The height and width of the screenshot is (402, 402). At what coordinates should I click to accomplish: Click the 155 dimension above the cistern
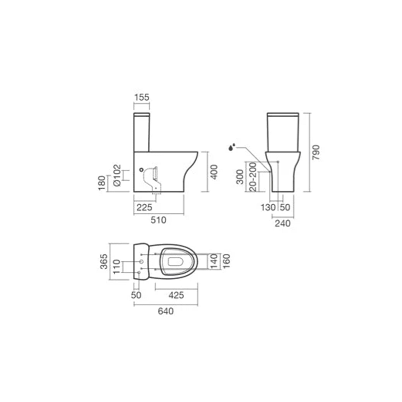tap(142, 97)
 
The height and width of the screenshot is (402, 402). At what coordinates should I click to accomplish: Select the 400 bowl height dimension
tap(214, 172)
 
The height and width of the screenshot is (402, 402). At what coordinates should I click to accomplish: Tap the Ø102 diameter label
tap(117, 175)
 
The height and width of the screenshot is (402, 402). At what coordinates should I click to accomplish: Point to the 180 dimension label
tap(102, 183)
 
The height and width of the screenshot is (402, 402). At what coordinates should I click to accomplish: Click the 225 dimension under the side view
tap(144, 207)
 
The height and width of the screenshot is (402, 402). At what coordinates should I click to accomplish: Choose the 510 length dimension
tap(158, 220)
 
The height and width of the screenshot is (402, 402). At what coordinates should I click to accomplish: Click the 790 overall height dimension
tap(316, 152)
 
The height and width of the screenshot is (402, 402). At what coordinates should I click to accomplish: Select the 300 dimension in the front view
tap(240, 177)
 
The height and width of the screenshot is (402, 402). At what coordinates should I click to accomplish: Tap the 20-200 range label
tap(253, 177)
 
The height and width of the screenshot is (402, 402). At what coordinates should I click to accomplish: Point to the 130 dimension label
tap(268, 207)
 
